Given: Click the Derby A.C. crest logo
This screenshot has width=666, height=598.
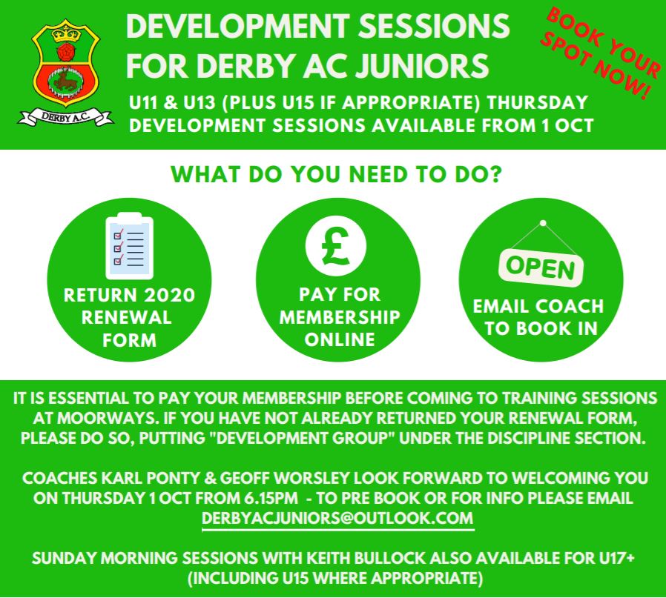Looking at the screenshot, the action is tap(65, 73).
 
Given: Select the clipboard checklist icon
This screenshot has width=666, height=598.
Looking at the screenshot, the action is tap(129, 246).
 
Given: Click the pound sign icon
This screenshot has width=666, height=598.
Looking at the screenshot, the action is tap(335, 246).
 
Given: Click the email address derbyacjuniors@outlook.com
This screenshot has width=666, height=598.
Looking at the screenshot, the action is tap(337, 518).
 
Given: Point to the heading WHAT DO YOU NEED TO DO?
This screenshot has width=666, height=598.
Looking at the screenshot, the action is tap(336, 174).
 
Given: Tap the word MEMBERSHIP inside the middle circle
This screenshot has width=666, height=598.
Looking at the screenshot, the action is tap(340, 317).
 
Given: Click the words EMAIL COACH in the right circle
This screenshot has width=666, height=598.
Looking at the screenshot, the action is tap(538, 307).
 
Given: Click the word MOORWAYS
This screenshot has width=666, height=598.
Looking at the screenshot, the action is tap(106, 418).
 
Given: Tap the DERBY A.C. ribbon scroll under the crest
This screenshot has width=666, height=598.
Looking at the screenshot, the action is tap(65, 117).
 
